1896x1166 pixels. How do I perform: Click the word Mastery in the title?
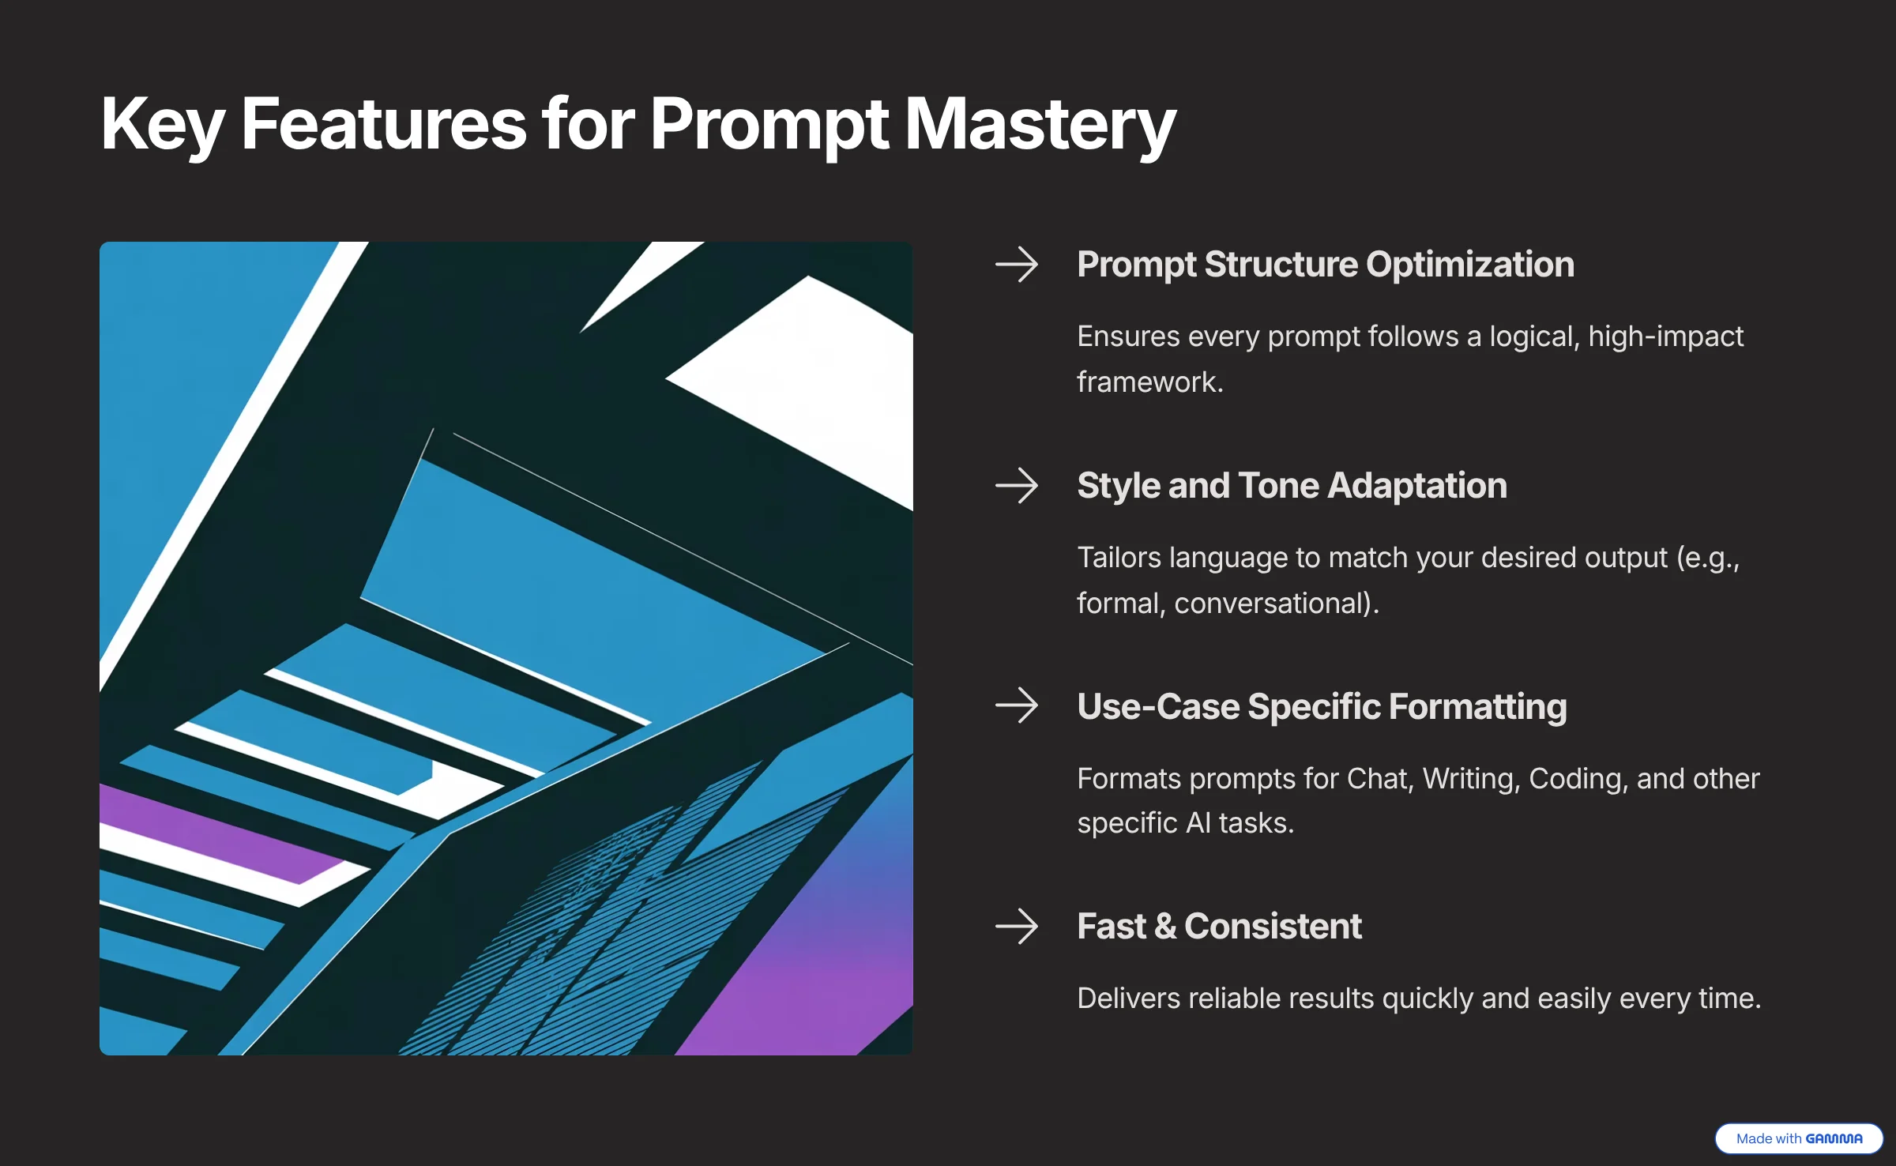tap(1040, 125)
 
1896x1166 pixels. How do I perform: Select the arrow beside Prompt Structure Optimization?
tap(1017, 265)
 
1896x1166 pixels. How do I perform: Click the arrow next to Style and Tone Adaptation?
tap(1017, 486)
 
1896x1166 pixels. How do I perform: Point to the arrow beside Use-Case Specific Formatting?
tap(1017, 705)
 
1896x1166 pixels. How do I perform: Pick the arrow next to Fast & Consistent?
tap(1017, 926)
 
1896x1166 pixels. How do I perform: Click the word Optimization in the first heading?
tap(1470, 265)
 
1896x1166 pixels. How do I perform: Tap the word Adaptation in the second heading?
tap(1418, 486)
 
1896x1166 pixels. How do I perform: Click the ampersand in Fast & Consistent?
tap(1165, 927)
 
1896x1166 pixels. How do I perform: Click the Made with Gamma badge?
tap(1799, 1138)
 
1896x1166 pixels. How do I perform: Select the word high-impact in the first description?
tap(1666, 337)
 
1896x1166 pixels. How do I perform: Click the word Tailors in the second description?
tap(1119, 558)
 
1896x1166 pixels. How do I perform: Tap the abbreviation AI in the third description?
tap(1198, 823)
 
